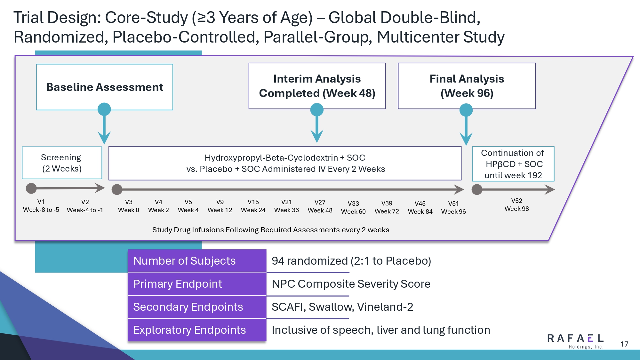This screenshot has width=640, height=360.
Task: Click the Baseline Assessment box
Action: click(x=105, y=87)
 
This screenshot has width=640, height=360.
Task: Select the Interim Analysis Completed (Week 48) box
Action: click(x=317, y=86)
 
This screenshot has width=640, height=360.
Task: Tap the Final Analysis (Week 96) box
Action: click(x=467, y=86)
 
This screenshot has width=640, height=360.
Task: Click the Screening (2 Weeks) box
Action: click(x=62, y=163)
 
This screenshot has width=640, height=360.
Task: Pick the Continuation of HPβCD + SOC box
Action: click(x=513, y=164)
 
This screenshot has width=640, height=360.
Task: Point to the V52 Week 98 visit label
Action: click(x=516, y=205)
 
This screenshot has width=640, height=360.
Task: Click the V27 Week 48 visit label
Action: click(x=320, y=206)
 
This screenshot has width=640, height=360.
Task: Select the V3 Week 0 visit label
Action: click(x=129, y=206)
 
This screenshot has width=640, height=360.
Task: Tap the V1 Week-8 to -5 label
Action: click(x=41, y=206)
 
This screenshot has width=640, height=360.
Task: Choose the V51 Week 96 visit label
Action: click(x=453, y=208)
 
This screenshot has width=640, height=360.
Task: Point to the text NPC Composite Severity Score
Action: click(x=351, y=284)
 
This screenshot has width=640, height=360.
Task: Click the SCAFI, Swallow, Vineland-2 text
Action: click(x=342, y=307)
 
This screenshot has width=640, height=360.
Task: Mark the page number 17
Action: click(x=624, y=344)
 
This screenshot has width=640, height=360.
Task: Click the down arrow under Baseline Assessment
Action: click(x=104, y=128)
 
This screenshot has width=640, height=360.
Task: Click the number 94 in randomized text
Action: click(x=278, y=261)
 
